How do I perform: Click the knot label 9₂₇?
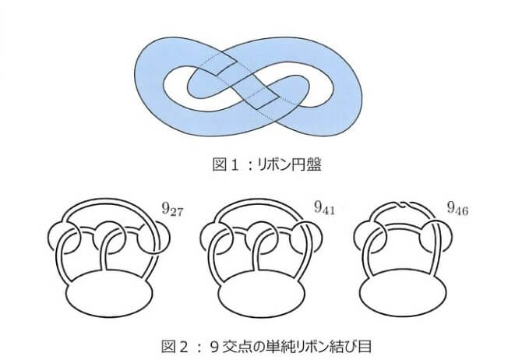[x=172, y=210]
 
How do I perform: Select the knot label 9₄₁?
[x=325, y=208]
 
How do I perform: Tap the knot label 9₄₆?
[x=458, y=209]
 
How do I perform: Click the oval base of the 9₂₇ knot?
[x=110, y=292]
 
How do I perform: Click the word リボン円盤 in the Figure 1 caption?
[x=289, y=164]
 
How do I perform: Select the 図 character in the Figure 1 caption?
[x=220, y=164]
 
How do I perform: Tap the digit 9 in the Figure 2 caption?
[x=215, y=347]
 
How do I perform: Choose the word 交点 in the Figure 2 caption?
[x=238, y=346]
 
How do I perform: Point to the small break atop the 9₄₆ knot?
[x=405, y=204]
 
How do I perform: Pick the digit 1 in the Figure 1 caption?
[x=235, y=164]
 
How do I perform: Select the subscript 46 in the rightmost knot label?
[x=463, y=211]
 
